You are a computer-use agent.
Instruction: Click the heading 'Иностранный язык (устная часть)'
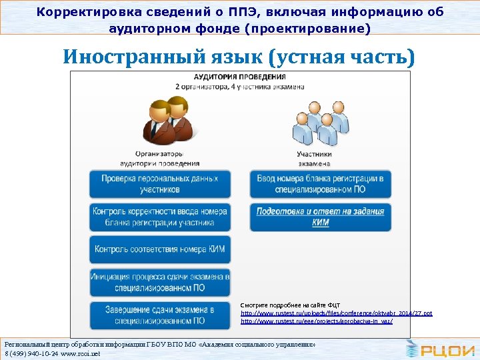pyautogui.click(x=239, y=58)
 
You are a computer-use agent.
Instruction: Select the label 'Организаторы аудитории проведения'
pyautogui.click(x=160, y=159)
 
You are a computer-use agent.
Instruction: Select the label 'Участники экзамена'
pyautogui.click(x=314, y=159)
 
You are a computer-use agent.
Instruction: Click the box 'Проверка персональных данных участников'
pyautogui.click(x=160, y=184)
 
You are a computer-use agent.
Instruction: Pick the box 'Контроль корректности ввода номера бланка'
pyautogui.click(x=160, y=217)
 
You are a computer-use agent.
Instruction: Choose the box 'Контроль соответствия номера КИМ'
pyautogui.click(x=160, y=249)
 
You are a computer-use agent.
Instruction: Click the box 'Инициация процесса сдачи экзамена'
pyautogui.click(x=160, y=281)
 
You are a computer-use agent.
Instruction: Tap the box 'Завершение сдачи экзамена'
pyautogui.click(x=160, y=315)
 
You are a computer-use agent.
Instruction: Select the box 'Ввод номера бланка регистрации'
pyautogui.click(x=321, y=184)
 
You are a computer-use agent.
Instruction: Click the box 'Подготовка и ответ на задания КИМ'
pyautogui.click(x=321, y=217)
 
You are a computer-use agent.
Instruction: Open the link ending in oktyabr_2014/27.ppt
pyautogui.click(x=336, y=313)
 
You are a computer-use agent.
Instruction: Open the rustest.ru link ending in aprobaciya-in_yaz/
pyautogui.click(x=317, y=321)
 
